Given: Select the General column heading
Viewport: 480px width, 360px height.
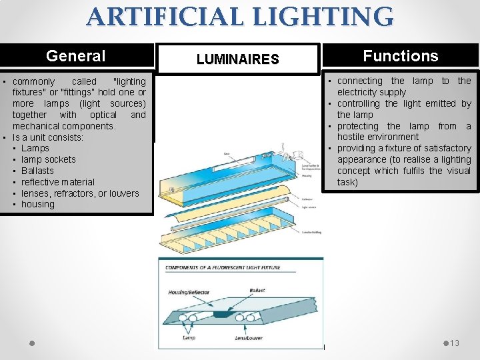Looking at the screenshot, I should click(x=75, y=56).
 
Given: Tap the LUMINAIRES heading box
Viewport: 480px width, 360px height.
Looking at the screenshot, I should click(x=237, y=59).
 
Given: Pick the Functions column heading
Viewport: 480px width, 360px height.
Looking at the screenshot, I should click(x=400, y=56).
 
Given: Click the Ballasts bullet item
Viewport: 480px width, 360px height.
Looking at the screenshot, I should click(x=37, y=171).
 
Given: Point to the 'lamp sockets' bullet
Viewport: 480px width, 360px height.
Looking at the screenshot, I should click(x=49, y=159).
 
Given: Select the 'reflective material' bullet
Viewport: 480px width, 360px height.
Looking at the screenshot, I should click(x=58, y=182).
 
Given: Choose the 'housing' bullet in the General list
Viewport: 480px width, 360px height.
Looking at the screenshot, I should click(x=38, y=205).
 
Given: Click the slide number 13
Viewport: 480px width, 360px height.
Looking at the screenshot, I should click(x=455, y=343).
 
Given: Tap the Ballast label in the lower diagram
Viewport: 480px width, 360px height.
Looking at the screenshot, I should click(x=257, y=291).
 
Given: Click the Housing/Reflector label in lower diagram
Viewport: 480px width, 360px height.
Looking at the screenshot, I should click(x=189, y=293).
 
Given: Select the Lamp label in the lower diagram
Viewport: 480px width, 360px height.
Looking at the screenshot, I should click(x=189, y=338).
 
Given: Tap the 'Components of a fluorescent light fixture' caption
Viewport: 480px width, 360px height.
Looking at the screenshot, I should click(x=223, y=268).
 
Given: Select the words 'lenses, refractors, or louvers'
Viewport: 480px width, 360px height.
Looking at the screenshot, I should click(x=80, y=193).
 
